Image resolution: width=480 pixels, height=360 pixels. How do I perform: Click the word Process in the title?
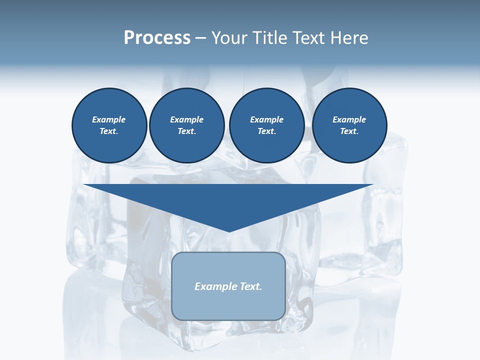[x=157, y=38]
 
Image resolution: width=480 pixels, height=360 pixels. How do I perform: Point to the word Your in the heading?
[x=227, y=38]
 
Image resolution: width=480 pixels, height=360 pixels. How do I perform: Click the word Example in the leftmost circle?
[x=109, y=119]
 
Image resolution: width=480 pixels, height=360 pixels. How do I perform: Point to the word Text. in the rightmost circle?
[x=349, y=131]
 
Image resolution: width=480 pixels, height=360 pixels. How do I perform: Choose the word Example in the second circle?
[x=186, y=119]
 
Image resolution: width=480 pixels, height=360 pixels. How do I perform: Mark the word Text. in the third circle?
[x=266, y=131]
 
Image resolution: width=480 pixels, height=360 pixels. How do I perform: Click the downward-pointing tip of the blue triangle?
[x=229, y=230]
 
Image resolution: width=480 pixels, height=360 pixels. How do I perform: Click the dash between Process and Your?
[x=200, y=38]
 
